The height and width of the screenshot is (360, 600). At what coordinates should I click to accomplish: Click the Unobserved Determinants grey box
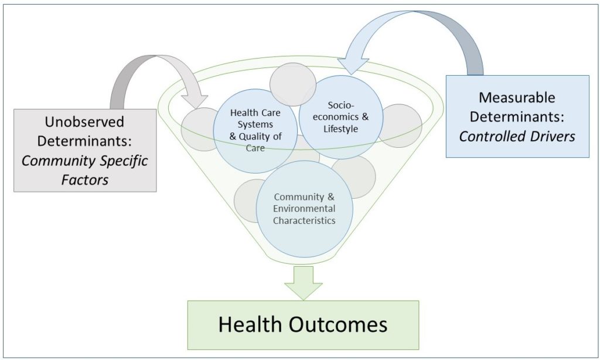[85, 150]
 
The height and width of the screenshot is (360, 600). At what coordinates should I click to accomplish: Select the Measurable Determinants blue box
[517, 116]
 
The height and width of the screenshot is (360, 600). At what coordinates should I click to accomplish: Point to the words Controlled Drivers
[517, 136]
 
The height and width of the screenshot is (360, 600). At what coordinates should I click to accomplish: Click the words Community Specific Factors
[85, 169]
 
